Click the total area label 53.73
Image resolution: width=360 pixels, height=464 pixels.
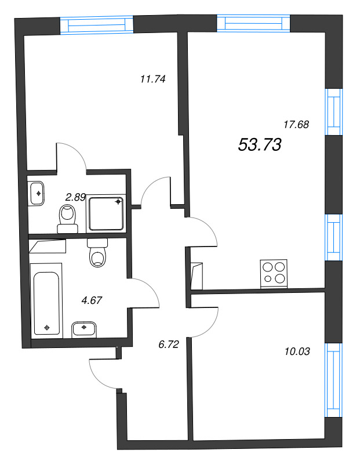tap(260, 146)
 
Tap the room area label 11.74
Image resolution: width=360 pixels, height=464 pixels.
tap(154, 80)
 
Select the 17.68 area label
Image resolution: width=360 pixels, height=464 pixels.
tap(296, 124)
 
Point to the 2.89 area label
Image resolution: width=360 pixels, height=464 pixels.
tap(75, 197)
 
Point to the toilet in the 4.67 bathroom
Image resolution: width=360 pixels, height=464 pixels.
tap(98, 253)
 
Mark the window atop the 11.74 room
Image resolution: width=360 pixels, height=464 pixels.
tap(97, 25)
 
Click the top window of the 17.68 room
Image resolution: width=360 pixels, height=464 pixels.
tap(253, 22)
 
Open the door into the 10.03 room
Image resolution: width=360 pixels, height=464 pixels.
tap(204, 321)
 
